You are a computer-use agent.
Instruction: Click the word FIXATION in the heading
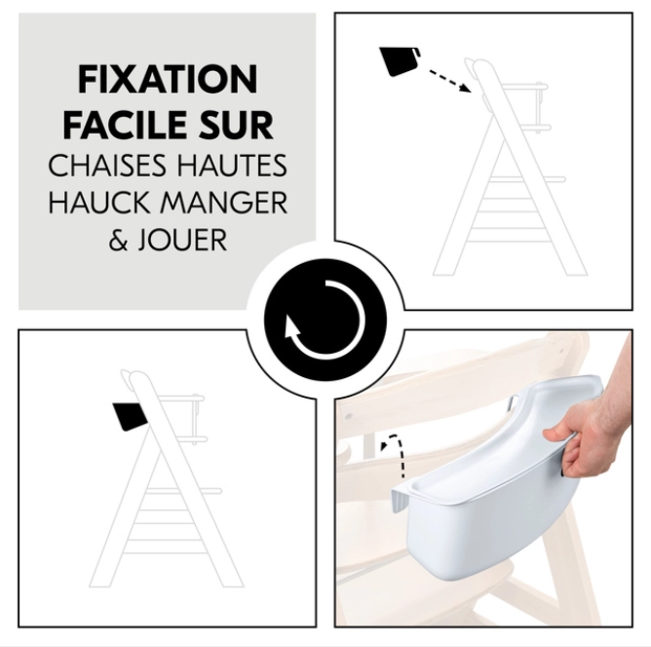(x=168, y=80)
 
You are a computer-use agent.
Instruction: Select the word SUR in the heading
(x=242, y=126)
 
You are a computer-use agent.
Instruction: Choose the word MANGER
(x=229, y=203)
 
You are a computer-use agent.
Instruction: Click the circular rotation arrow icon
(x=325, y=321)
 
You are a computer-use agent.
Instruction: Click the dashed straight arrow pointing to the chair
(x=449, y=80)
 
